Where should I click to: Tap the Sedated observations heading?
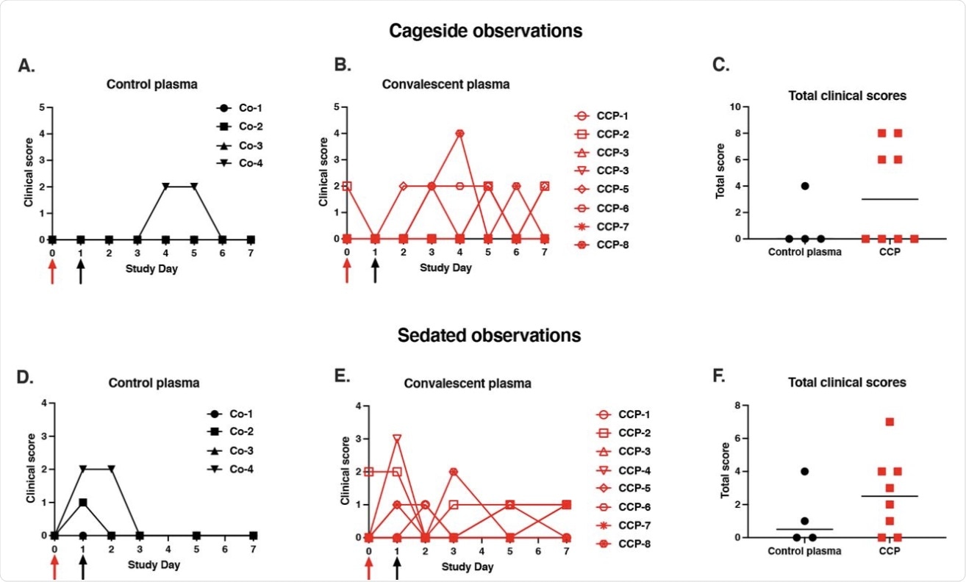pyautogui.click(x=489, y=335)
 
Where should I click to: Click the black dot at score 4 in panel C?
pyautogui.click(x=805, y=185)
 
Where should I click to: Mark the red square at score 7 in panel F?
pyautogui.click(x=890, y=422)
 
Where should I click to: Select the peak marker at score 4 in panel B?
pyautogui.click(x=459, y=133)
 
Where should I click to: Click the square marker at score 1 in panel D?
pyautogui.click(x=82, y=503)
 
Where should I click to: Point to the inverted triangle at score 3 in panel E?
pyautogui.click(x=397, y=439)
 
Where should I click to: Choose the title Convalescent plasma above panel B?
pyautogui.click(x=446, y=85)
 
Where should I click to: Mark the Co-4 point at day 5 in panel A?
pyautogui.click(x=194, y=187)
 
